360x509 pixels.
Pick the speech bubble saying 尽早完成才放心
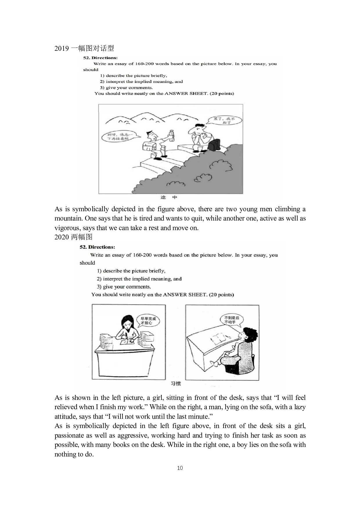pyautogui.click(x=147, y=321)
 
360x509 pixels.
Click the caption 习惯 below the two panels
pyautogui.click(x=176, y=384)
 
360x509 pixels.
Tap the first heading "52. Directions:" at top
pyautogui.click(x=100, y=58)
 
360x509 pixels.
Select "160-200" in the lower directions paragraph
pyautogui.click(x=142, y=255)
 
